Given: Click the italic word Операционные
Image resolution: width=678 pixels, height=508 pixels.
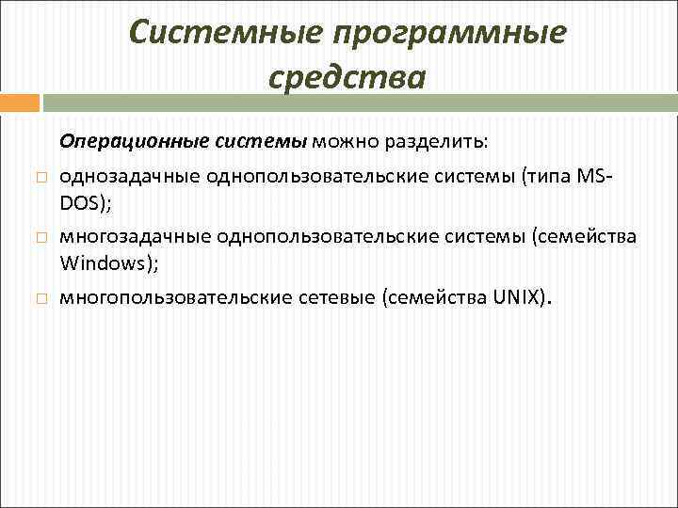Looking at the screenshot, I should coord(120,142).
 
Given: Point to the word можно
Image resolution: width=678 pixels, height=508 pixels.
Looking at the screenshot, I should coord(347,142).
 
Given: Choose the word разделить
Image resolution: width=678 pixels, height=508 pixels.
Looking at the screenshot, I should coord(438,142).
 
